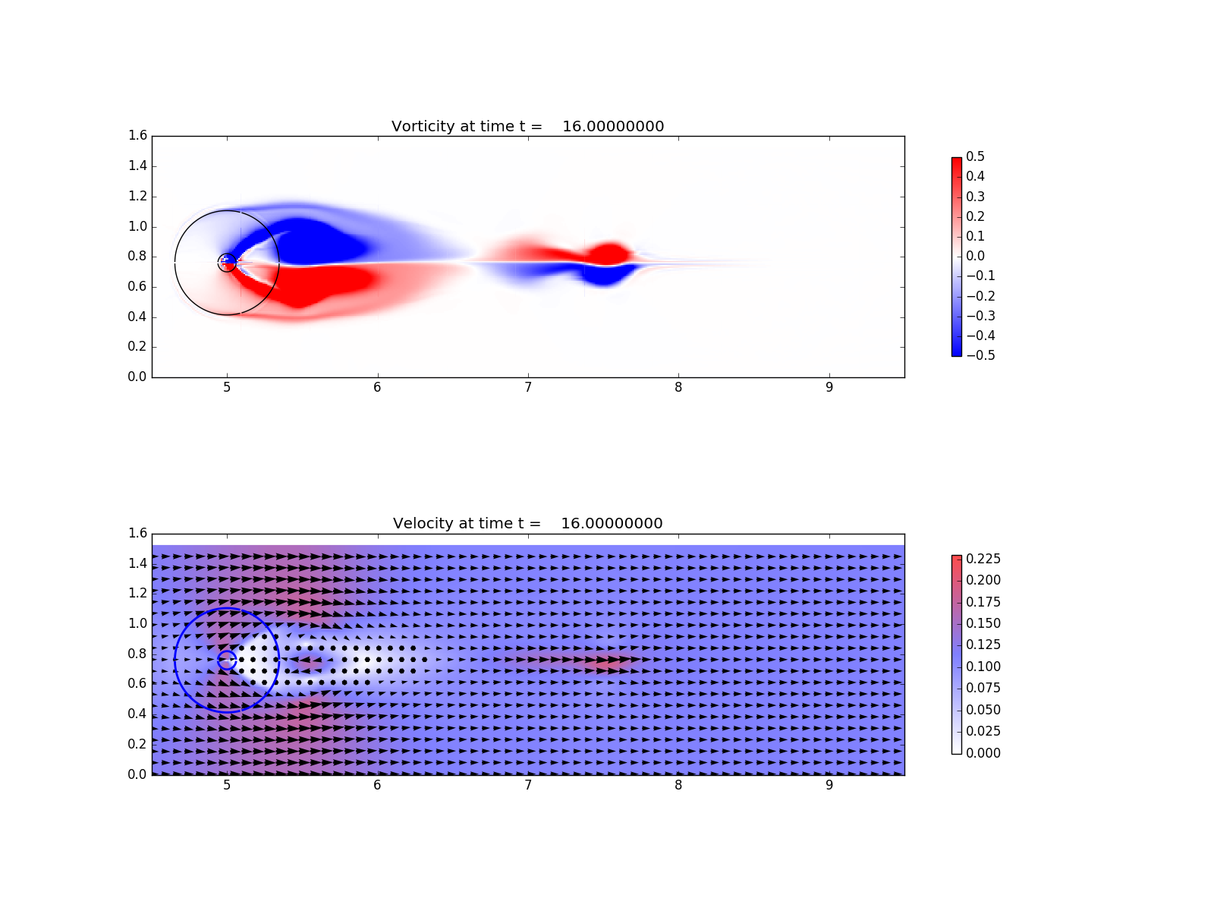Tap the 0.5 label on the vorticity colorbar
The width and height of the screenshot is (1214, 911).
(975, 156)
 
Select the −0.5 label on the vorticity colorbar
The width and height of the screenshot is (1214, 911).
(980, 355)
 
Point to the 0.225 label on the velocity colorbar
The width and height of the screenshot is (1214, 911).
(983, 559)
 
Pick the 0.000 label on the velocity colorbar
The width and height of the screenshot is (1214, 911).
(983, 753)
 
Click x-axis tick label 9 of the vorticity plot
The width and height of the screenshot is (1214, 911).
(829, 388)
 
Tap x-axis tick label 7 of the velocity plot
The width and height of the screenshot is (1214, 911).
(528, 785)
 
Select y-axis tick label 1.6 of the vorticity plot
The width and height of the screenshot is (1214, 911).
(138, 136)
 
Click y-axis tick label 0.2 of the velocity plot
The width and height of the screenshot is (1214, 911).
(138, 744)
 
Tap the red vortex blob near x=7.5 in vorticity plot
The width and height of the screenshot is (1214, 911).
(609, 254)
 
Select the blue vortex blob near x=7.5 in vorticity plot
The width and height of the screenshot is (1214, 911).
(606, 276)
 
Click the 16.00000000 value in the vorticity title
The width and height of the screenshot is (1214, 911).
(613, 127)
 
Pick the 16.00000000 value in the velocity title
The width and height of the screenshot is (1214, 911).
(612, 523)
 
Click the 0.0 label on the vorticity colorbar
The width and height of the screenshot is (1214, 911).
(975, 256)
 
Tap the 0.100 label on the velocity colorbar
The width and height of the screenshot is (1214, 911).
(983, 667)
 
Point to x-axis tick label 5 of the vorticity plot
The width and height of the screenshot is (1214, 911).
(227, 388)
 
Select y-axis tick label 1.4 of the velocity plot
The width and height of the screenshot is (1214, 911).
(138, 563)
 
